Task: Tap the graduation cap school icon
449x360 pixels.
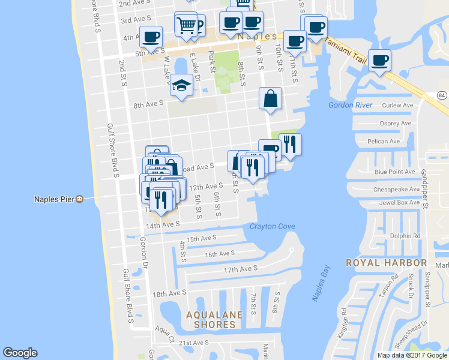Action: click(x=181, y=85)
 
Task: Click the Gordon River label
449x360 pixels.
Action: click(x=351, y=106)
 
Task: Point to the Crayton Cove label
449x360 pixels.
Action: click(x=273, y=226)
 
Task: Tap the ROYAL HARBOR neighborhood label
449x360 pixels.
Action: click(x=387, y=263)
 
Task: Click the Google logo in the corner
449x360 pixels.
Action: click(x=20, y=353)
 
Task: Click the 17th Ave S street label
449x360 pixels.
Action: click(x=240, y=269)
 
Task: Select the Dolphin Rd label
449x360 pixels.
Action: click(x=408, y=236)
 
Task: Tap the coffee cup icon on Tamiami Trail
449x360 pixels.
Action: click(x=379, y=60)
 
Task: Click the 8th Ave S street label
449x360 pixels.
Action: click(x=148, y=104)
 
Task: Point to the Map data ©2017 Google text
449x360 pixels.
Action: click(x=412, y=355)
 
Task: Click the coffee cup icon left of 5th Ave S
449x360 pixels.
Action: click(x=151, y=37)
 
